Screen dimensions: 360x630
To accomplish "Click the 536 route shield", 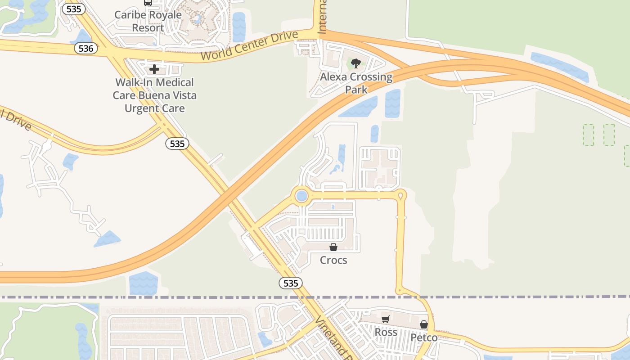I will click(85, 48).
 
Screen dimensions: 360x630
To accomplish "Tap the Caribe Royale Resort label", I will click(148, 21).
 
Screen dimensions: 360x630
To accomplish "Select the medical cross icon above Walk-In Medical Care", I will click(154, 69).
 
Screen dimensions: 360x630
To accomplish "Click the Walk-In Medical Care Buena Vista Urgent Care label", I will click(154, 95).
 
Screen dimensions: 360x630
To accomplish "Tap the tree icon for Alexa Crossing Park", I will click(356, 63).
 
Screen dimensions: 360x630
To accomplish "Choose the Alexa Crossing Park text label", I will click(356, 83).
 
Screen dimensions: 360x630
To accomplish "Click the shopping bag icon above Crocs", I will click(333, 247).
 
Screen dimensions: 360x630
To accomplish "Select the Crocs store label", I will click(333, 260).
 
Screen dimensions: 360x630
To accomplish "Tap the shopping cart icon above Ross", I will click(385, 319).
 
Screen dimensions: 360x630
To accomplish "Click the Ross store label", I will click(386, 332).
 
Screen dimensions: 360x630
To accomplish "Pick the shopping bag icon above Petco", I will click(423, 324).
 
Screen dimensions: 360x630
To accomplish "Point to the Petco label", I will click(423, 337).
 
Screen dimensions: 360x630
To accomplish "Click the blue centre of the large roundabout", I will click(302, 196).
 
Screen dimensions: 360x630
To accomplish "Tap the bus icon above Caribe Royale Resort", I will click(148, 2).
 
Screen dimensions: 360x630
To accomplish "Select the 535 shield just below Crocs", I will click(290, 283).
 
